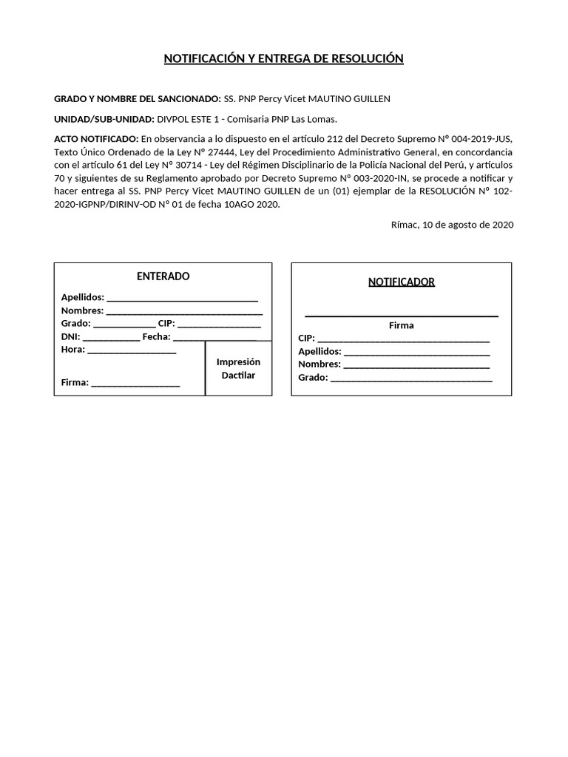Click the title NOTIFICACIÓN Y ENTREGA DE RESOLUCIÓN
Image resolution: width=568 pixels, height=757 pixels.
tap(284, 59)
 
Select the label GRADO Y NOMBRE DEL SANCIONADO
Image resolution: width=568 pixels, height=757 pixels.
tap(137, 99)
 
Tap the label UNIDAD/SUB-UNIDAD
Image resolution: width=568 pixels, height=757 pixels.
tap(104, 119)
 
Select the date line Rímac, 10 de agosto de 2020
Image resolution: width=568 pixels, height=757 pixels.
tap(452, 225)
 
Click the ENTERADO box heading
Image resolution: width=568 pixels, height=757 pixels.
tap(163, 276)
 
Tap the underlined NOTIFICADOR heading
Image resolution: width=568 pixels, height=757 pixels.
tap(402, 282)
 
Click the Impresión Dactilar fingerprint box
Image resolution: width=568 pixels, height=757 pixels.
tap(238, 368)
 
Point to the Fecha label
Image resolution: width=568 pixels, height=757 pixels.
tap(156, 337)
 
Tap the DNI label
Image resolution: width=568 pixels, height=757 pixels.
tap(70, 337)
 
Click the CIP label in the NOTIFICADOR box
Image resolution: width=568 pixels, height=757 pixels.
tap(306, 339)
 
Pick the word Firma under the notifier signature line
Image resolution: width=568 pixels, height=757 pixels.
tap(402, 325)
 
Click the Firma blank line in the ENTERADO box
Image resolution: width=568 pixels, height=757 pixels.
tap(135, 384)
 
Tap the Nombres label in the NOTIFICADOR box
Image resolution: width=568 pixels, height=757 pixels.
tap(319, 364)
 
